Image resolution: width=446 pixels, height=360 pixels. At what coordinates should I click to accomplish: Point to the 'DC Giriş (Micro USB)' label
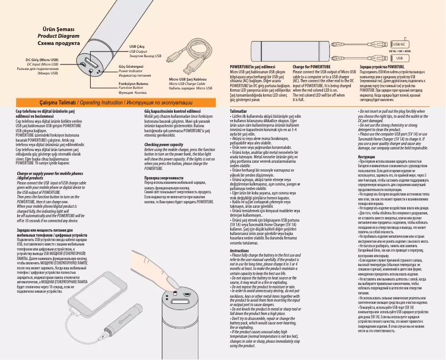(x=42, y=59)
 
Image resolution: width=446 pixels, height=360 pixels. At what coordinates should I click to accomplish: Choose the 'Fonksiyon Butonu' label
(x=133, y=83)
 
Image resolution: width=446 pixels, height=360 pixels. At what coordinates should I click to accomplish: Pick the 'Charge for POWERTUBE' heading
(x=312, y=67)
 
